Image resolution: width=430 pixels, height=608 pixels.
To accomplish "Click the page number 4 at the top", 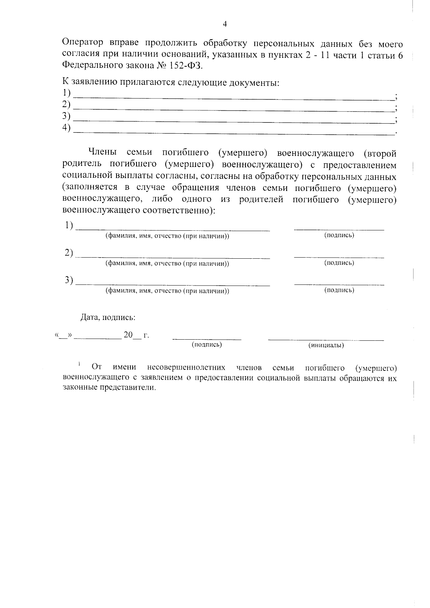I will coord(225,24).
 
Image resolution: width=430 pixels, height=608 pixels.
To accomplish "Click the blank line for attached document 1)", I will coord(233,97).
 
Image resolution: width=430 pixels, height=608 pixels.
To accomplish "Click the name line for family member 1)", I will coord(174,229).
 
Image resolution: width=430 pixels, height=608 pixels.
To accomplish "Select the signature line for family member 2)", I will coord(339,257).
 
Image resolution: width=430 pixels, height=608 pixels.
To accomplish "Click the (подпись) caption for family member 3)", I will coord(339,291).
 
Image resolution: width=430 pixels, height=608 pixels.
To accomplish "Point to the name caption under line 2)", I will coord(167,264).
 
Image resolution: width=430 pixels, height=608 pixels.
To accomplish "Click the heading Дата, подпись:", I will coord(108,317).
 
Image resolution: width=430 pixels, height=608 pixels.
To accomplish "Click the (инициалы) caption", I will coord(326,345).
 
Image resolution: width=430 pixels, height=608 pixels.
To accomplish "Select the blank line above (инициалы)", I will coord(326,339).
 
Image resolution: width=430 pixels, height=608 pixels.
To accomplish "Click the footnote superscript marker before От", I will coord(79,365).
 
